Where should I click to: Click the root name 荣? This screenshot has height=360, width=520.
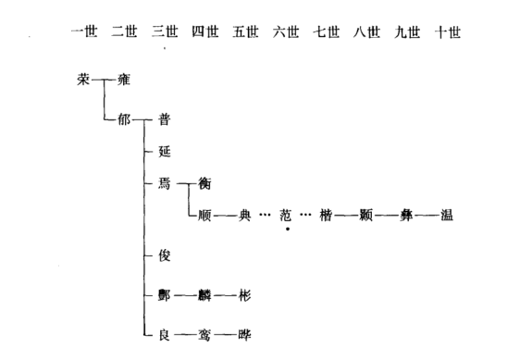[84, 80]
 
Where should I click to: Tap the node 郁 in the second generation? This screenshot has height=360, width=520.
[125, 119]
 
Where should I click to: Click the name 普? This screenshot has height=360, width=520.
[165, 119]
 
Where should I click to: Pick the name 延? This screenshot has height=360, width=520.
[165, 150]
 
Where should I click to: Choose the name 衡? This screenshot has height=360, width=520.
[205, 183]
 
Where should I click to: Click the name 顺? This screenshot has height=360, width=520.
[205, 216]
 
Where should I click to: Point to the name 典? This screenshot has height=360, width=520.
[245, 216]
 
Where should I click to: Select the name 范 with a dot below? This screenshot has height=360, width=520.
[287, 216]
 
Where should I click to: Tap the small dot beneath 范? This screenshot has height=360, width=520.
[288, 229]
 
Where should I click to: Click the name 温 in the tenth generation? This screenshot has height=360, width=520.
[447, 216]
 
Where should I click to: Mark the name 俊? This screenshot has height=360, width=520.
[165, 254]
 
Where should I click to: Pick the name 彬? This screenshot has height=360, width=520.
[245, 295]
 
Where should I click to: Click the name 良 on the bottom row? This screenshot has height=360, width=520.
[165, 334]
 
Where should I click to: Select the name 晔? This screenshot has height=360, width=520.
[245, 334]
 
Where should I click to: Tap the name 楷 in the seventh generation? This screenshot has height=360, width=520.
[327, 216]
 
